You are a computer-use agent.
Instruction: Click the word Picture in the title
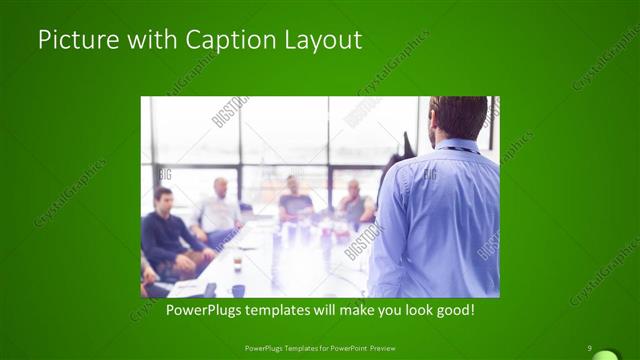tap(74, 41)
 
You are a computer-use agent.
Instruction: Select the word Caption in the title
tap(221, 41)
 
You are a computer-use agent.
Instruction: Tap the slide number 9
tap(591, 348)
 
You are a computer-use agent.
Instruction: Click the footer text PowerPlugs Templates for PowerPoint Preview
tap(319, 348)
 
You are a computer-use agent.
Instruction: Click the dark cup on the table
tap(238, 290)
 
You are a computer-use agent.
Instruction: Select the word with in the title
tap(149, 41)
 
